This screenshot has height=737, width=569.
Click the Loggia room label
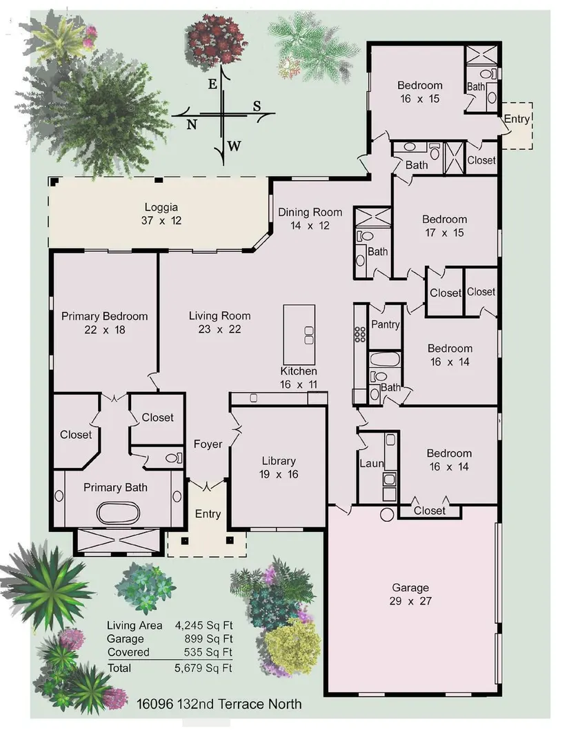tap(161, 207)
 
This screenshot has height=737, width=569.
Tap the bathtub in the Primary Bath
tap(118, 513)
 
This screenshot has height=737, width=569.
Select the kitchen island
tap(299, 334)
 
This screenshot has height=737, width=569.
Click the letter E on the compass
tap(212, 84)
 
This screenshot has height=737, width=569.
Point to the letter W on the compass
tap(234, 146)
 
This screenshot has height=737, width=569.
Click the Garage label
tap(410, 587)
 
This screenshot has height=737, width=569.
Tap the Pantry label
tap(386, 324)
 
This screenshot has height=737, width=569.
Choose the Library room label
tap(279, 461)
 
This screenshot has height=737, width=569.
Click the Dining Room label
tap(310, 213)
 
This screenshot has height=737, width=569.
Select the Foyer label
tap(208, 444)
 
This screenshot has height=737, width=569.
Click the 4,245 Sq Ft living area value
tap(204, 626)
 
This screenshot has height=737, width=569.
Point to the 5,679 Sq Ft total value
tap(203, 668)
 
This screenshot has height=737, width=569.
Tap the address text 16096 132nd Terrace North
tap(219, 704)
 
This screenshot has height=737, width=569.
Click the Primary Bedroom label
tap(104, 316)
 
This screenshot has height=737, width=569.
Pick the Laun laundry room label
tap(371, 464)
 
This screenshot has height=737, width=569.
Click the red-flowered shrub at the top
tap(217, 40)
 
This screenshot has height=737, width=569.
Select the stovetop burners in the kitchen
tap(360, 334)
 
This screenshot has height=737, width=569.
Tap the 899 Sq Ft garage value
tap(208, 639)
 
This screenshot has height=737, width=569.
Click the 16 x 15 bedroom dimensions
tap(419, 99)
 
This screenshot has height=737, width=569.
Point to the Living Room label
tap(219, 316)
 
